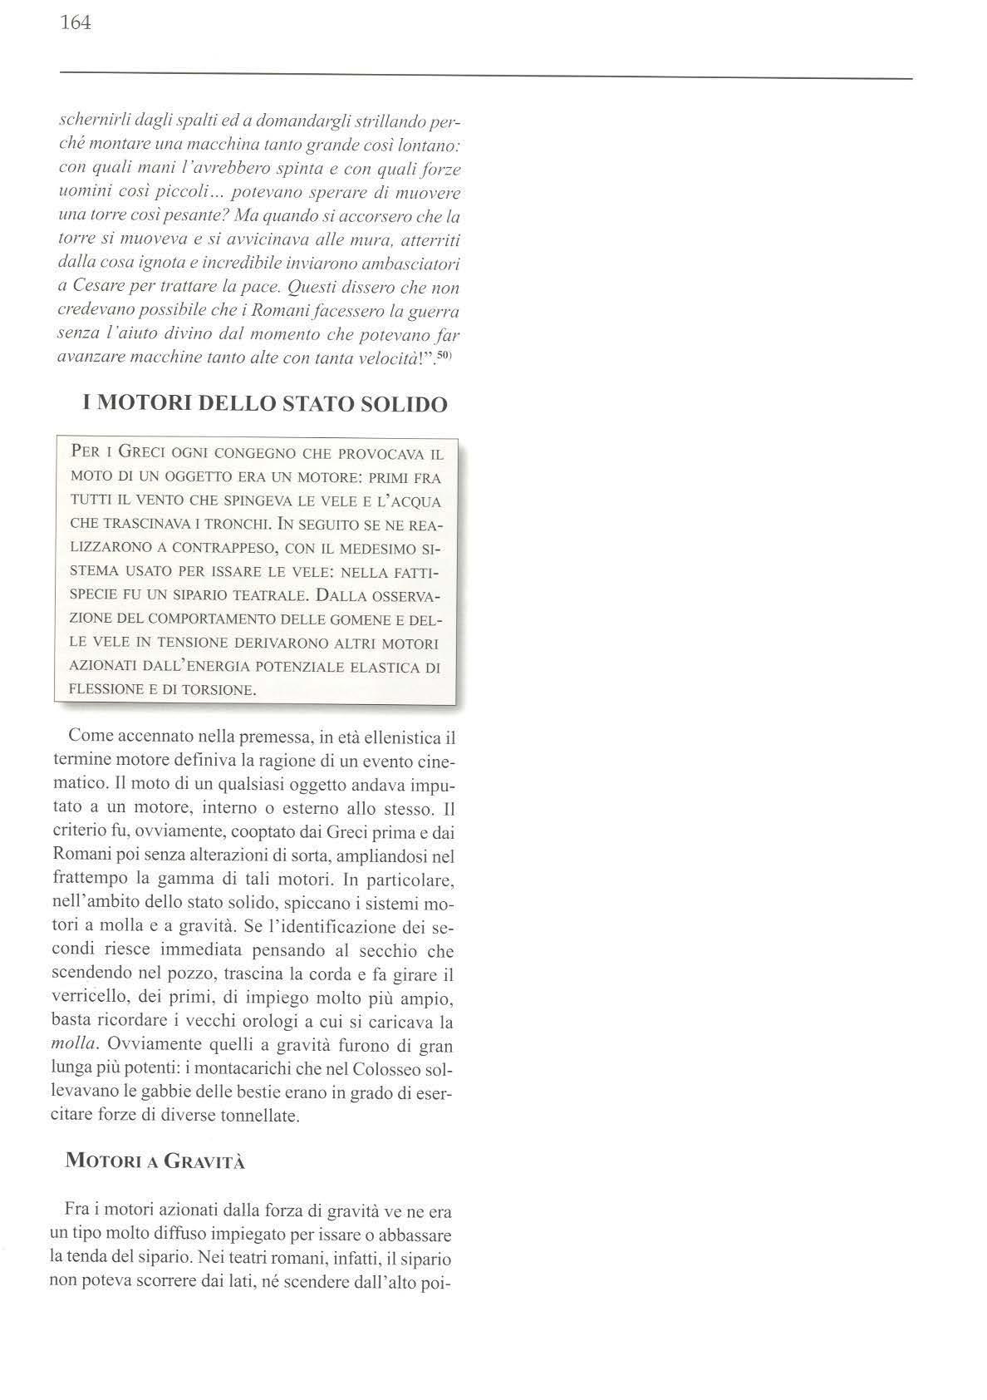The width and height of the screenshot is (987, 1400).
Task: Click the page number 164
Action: click(x=75, y=22)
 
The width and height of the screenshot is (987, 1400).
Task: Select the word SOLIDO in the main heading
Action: click(x=402, y=405)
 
